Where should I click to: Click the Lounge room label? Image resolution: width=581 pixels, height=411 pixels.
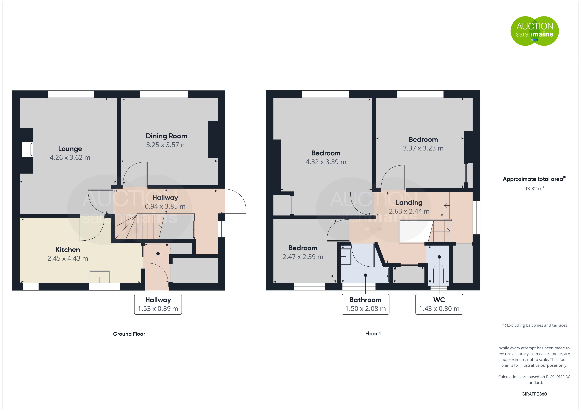(70, 149)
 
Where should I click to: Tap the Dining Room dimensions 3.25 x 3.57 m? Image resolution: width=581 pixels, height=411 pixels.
(166, 145)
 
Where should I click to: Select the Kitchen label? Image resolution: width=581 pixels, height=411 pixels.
(68, 250)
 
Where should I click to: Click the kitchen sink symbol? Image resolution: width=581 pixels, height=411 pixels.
(99, 277)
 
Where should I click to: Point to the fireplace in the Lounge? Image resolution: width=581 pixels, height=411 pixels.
(27, 150)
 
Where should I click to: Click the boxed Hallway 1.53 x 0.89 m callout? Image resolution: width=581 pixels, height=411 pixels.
(158, 304)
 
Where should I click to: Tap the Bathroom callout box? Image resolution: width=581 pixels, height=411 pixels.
(365, 304)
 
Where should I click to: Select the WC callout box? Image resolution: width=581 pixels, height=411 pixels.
(439, 304)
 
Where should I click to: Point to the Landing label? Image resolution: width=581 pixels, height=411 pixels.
(409, 203)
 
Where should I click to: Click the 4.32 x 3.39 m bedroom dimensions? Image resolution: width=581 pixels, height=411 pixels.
(326, 162)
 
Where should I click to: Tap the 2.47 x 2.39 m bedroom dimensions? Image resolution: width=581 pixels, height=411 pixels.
(303, 257)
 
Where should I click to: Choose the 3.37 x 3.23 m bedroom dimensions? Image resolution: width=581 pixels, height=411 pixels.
(423, 148)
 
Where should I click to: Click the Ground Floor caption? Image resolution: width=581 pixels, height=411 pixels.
(129, 334)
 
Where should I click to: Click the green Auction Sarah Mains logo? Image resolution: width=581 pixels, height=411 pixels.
(534, 31)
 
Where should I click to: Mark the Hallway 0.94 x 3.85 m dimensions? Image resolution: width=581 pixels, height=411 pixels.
(165, 206)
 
